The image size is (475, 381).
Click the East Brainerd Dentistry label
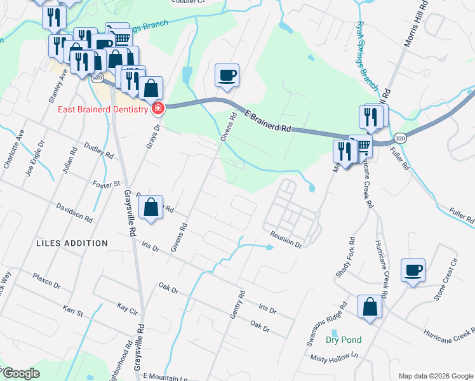coord(103,109)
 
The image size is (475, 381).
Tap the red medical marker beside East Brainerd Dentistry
coord(157,109)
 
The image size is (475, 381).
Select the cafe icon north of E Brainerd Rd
coord(227,76)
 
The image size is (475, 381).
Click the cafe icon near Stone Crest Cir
coord(413,270)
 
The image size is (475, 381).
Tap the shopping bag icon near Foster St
coord(151,208)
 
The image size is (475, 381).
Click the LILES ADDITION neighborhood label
coord(72,243)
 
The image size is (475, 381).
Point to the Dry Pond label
coord(344,340)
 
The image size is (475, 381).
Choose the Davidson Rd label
coord(74,212)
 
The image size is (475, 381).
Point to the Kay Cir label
coord(128,307)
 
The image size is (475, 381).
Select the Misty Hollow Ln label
coord(335,358)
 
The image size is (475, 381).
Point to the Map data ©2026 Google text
coord(435,376)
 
